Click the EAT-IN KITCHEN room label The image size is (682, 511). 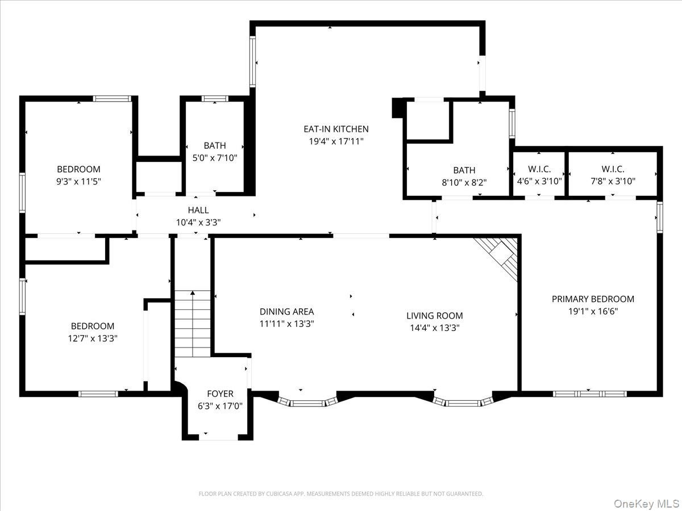pos(336,129)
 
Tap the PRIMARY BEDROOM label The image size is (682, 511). pos(593,299)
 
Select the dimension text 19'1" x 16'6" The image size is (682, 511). pos(593,311)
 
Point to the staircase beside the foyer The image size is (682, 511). pos(193,324)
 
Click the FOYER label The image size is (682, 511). pos(220,393)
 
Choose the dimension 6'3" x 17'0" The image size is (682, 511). pos(220,406)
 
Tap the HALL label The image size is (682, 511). pos(198,210)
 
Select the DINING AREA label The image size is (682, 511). pos(287,312)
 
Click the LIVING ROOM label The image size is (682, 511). pos(435,316)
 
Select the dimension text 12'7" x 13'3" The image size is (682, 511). pos(93,338)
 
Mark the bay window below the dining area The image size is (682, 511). pos(307,402)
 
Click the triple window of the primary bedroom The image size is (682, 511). pos(589,393)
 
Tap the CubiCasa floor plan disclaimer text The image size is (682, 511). pos(341,493)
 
